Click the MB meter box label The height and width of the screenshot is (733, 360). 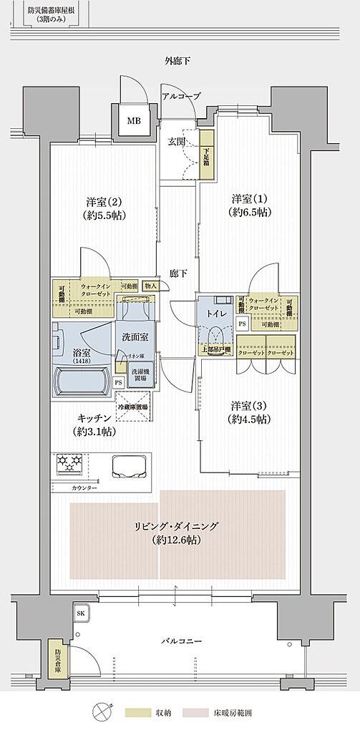pyautogui.click(x=134, y=121)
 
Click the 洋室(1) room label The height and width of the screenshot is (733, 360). pyautogui.click(x=248, y=204)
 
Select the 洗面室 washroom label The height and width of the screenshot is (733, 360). pyautogui.click(x=135, y=336)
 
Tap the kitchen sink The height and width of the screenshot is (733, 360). pyautogui.click(x=129, y=466)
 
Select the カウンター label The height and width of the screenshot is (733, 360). pyautogui.click(x=84, y=487)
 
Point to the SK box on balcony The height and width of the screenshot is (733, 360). pyautogui.click(x=80, y=613)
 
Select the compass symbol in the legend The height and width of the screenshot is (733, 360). pyautogui.click(x=99, y=712)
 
